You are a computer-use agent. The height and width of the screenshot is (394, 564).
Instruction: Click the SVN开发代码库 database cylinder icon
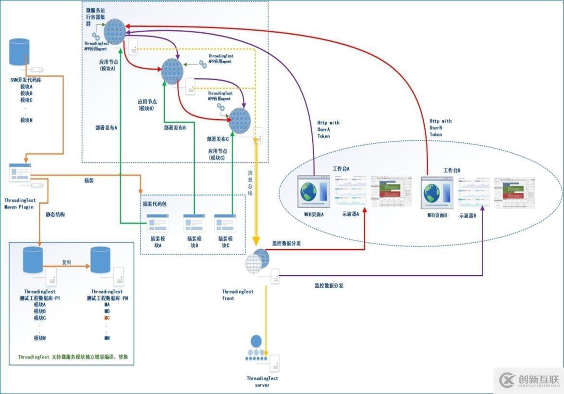point(19,52)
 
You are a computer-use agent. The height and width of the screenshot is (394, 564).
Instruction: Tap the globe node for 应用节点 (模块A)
point(115,32)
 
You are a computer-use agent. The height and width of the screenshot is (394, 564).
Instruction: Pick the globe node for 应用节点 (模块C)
point(240,121)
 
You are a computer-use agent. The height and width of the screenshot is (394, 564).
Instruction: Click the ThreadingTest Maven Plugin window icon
point(20,172)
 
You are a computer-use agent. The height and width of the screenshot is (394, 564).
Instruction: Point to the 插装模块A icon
point(157,224)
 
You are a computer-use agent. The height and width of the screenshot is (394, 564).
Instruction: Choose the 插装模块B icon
point(194,223)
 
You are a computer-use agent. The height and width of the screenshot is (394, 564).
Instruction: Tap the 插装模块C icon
point(225,223)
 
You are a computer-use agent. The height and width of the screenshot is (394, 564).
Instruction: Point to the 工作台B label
point(452,170)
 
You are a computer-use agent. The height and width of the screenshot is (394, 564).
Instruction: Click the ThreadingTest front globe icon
point(257,261)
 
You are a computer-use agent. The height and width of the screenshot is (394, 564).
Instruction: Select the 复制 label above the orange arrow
point(67,262)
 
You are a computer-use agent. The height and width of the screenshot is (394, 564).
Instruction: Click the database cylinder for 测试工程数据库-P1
point(33,259)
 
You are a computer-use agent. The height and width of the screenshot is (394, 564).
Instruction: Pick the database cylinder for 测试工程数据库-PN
point(100,259)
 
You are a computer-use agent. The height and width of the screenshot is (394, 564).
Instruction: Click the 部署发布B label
point(175,128)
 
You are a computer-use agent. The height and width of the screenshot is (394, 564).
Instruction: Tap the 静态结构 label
point(55,214)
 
